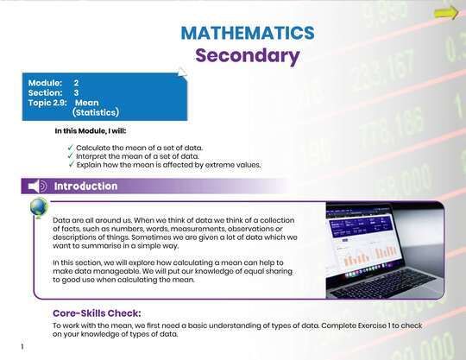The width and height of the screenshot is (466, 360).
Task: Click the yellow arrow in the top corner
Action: [445, 12]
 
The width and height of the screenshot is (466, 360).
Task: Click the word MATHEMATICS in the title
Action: [247, 34]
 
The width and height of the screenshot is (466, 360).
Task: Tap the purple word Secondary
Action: [247, 57]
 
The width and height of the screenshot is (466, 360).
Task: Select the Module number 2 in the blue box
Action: [76, 82]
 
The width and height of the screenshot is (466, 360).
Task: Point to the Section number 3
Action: [76, 92]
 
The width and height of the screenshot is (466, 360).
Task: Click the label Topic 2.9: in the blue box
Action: [47, 102]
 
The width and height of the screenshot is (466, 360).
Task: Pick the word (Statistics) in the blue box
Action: [95, 112]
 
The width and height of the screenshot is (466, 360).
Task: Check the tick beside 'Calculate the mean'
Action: [71, 148]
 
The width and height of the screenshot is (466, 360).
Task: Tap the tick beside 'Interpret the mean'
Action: [71, 156]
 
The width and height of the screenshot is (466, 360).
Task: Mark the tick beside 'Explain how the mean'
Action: [71, 165]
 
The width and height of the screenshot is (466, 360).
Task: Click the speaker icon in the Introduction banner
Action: [36, 186]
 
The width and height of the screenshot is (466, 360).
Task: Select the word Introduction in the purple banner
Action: [85, 186]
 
